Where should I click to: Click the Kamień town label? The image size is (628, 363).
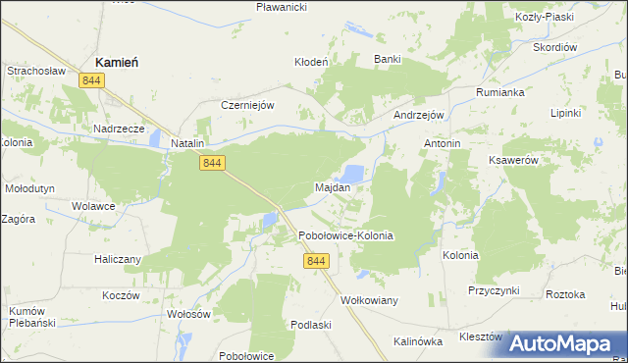tap(116, 62)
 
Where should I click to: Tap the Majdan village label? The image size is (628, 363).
tap(332, 186)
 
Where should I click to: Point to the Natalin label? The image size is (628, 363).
tap(186, 143)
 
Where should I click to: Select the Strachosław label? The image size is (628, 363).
tap(35, 71)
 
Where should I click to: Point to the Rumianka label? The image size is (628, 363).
tap(502, 91)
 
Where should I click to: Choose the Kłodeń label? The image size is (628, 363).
tap(311, 61)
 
